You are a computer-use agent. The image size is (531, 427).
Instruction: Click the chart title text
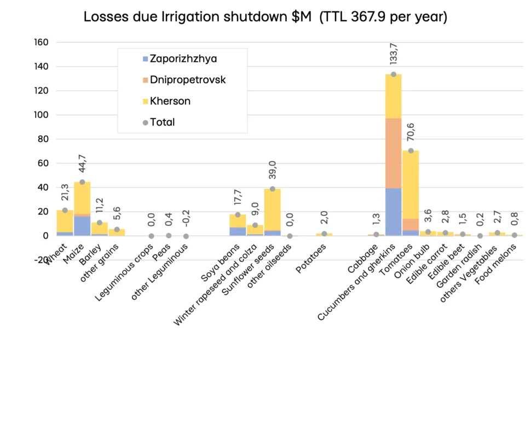[265, 17]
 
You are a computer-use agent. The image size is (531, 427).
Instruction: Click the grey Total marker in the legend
[145, 122]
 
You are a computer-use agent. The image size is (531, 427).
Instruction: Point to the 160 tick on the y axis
[42, 43]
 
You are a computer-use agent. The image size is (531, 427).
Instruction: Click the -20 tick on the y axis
[42, 260]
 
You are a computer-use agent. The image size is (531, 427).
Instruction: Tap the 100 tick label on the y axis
[42, 115]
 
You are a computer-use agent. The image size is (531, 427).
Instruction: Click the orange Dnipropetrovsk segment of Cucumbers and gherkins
[393, 153]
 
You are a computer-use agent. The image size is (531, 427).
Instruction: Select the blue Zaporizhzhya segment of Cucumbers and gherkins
[393, 212]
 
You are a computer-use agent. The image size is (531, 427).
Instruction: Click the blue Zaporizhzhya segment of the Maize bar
[82, 226]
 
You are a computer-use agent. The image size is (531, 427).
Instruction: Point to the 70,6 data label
[411, 131]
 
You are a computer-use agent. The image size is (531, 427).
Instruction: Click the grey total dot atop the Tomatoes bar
[411, 150]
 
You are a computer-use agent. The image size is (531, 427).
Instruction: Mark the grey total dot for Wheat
[65, 210]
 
